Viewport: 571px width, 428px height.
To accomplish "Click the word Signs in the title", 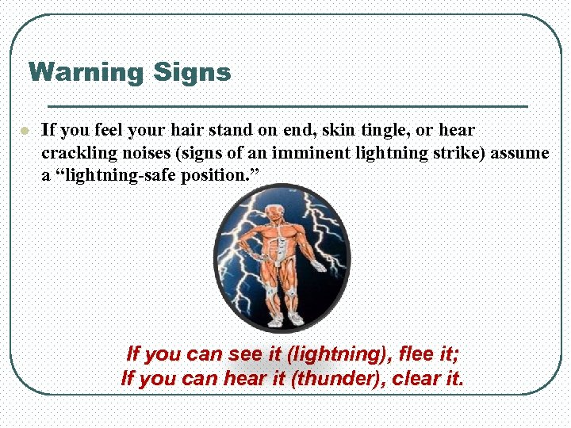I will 192,73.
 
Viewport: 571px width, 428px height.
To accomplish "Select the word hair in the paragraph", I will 186,130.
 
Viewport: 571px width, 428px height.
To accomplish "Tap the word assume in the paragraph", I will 519,152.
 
